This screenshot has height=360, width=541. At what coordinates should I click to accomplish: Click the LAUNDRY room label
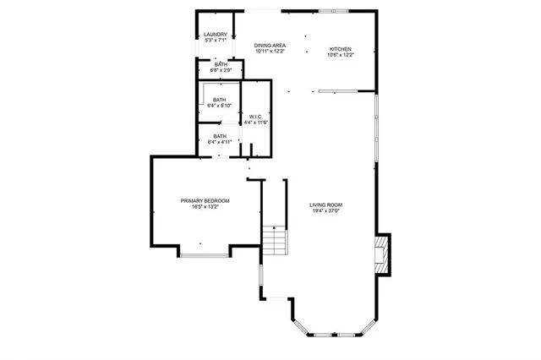tap(216, 34)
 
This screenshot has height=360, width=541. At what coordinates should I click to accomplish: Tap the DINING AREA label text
tap(270, 45)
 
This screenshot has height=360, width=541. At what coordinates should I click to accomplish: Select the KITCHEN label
tap(340, 49)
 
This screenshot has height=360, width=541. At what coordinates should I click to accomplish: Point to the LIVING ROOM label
tap(325, 205)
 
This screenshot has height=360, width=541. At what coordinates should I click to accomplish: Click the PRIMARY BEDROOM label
tap(205, 200)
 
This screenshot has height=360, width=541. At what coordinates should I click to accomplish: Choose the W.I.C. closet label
tap(255, 117)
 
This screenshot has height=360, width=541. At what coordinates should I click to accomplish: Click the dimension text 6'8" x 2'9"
tap(221, 71)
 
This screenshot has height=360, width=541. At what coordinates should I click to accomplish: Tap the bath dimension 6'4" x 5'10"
tap(220, 106)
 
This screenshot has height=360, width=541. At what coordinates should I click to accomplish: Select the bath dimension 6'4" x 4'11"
tap(220, 142)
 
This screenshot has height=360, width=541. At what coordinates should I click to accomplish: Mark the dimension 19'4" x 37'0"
tap(325, 211)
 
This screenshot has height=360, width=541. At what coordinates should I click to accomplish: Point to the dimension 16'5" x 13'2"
tap(205, 207)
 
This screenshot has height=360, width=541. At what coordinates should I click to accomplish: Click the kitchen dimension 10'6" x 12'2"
tap(340, 56)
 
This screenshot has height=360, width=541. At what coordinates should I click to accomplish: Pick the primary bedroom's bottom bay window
tap(203, 253)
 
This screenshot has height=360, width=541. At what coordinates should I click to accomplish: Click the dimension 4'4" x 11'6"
tap(255, 123)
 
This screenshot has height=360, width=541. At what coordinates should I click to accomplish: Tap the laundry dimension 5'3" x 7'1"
tap(216, 41)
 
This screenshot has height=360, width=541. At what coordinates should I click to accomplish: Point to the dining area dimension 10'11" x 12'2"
tap(270, 52)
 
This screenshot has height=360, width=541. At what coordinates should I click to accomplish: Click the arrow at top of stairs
tap(274, 227)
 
